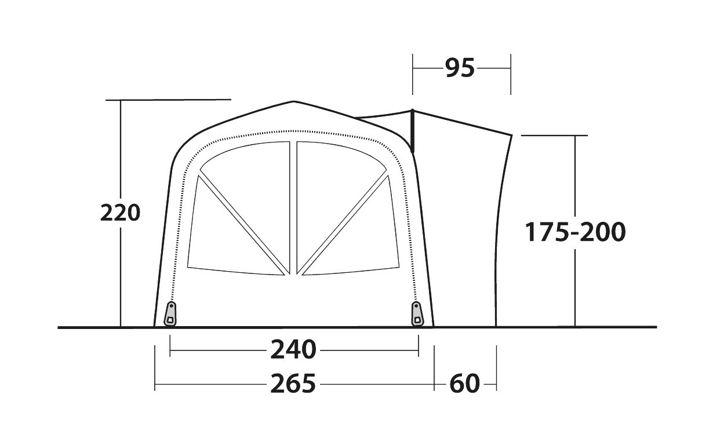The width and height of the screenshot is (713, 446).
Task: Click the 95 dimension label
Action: coord(460,68)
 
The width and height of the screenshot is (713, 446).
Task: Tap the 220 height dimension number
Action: coord(121,213)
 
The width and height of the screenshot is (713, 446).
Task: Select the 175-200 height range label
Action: coord(575,232)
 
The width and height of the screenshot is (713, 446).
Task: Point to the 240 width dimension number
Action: coord(293,350)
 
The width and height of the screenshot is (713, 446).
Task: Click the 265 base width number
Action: coord(293,383)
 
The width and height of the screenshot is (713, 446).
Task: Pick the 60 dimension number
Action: coord(464,383)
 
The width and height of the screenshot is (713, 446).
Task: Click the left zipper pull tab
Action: coord(170,315)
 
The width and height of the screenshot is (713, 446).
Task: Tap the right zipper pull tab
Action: coord(417,315)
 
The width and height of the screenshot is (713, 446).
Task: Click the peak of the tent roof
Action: coord(294,102)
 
